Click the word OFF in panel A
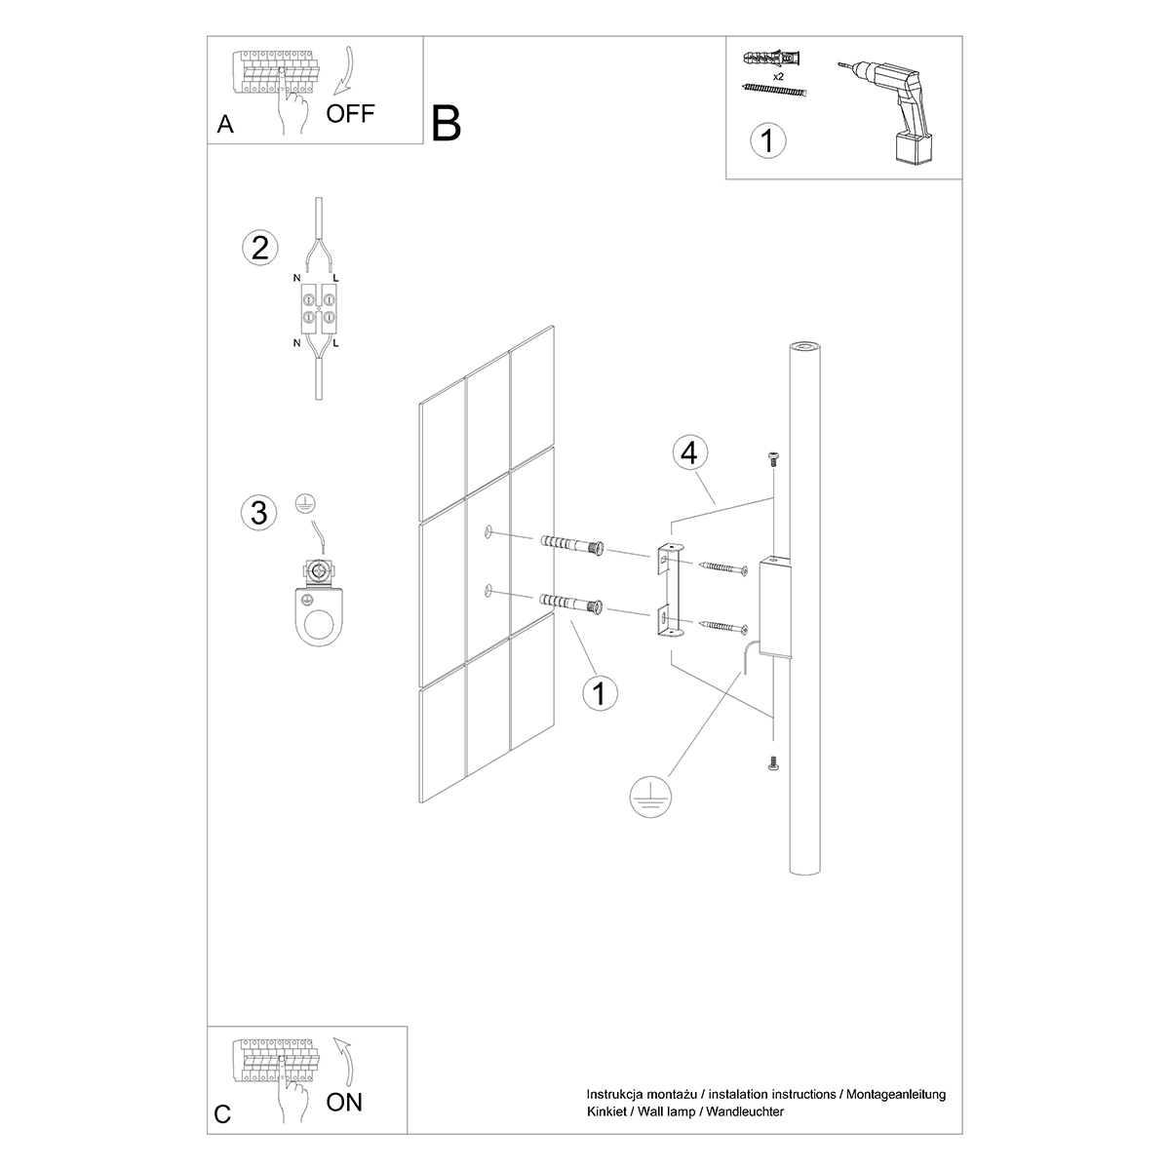pyautogui.click(x=350, y=113)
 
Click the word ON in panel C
pyautogui.click(x=343, y=1103)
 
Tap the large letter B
pyautogui.click(x=446, y=124)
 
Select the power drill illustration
pyautogui.click(x=889, y=107)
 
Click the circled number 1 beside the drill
pyautogui.click(x=766, y=140)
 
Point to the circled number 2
pyautogui.click(x=259, y=248)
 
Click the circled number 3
pyautogui.click(x=258, y=512)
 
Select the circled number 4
pyautogui.click(x=689, y=453)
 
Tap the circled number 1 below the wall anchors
pyautogui.click(x=600, y=693)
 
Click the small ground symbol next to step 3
pyautogui.click(x=304, y=505)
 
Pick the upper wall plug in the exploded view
pyautogui.click(x=574, y=546)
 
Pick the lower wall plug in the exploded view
pyautogui.click(x=574, y=604)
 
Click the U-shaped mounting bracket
pyautogui.click(x=668, y=592)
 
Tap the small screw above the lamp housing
pyautogui.click(x=772, y=458)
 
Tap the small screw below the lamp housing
pyautogui.click(x=772, y=763)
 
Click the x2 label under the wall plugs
pyautogui.click(x=778, y=74)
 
